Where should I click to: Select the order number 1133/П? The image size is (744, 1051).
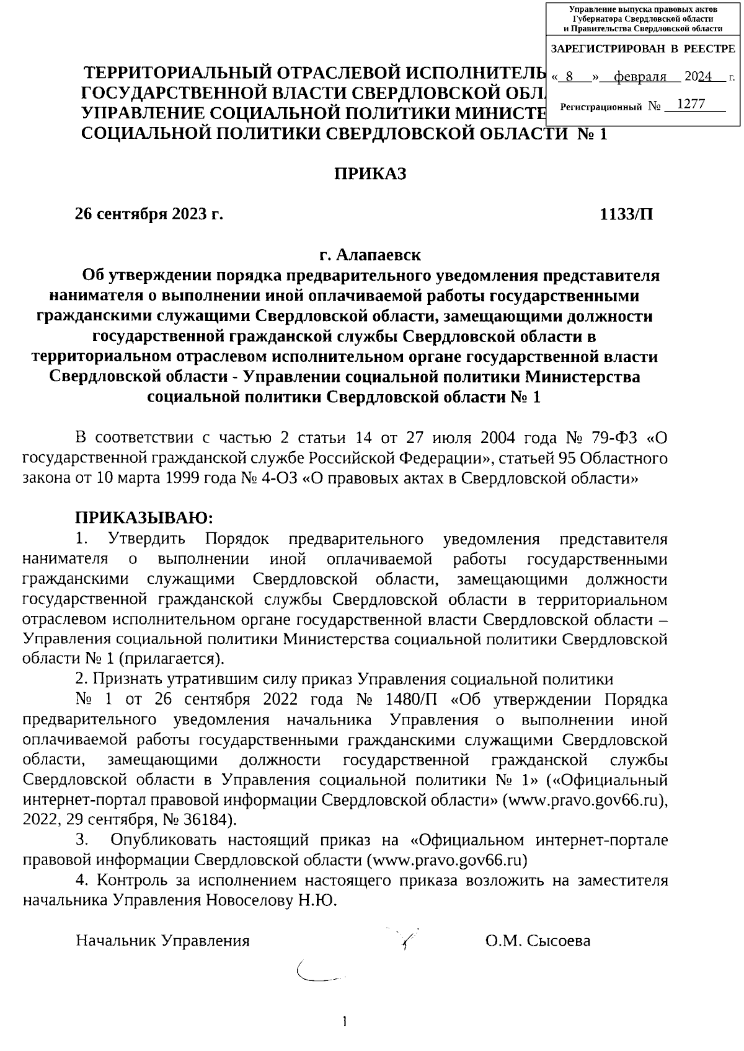(x=626, y=214)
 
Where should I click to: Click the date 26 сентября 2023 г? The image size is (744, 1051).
(x=149, y=214)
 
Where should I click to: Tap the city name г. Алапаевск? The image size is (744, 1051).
(x=370, y=255)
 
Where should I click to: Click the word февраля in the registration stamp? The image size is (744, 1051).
(x=639, y=77)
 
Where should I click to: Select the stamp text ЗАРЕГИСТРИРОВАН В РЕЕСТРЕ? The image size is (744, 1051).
(x=642, y=48)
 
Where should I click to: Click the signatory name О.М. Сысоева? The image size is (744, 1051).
(x=538, y=941)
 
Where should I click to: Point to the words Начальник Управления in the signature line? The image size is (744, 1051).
(x=162, y=941)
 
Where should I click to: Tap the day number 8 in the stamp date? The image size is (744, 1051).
(x=569, y=77)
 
